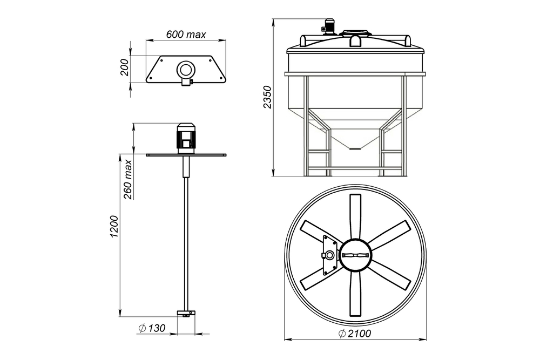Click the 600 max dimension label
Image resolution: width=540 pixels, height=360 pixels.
coord(186,35)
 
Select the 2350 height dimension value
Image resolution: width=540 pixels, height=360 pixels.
coord(267,97)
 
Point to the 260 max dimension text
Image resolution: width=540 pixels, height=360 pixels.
coord(128,179)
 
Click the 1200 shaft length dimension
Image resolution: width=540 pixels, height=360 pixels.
coord(114,227)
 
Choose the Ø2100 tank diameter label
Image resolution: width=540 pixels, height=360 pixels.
coord(355,334)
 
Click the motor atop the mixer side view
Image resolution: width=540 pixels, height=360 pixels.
coord(186,138)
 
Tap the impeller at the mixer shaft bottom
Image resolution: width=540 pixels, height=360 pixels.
coord(186,313)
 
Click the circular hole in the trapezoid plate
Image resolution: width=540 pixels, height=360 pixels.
coord(186,69)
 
